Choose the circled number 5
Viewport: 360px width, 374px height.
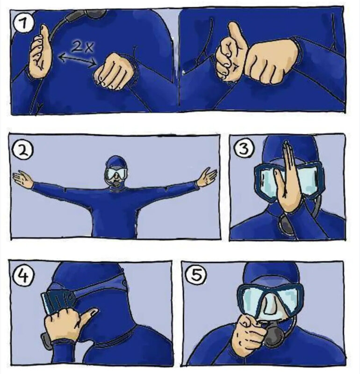[x=196, y=275]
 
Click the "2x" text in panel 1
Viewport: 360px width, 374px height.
[x=82, y=47]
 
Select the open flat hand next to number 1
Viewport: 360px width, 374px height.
[x=40, y=51]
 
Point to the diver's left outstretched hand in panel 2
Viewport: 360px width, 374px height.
[x=207, y=177]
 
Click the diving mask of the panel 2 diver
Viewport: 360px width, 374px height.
[x=116, y=173]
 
